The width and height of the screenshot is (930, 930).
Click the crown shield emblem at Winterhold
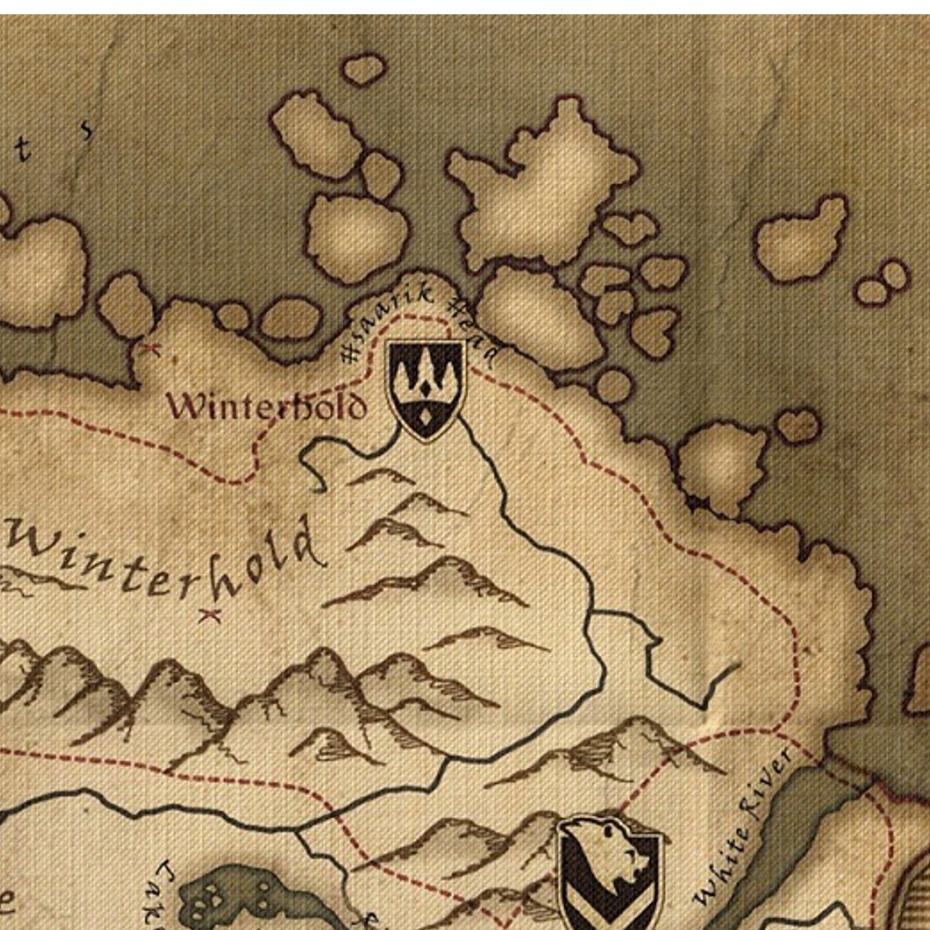427,389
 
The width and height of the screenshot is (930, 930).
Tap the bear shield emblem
609,873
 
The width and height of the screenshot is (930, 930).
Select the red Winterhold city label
267,406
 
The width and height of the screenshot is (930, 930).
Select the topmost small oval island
364,70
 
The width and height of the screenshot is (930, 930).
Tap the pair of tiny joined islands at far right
882,283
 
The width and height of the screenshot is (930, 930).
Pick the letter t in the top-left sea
22,150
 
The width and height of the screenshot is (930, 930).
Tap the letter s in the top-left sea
87,129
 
